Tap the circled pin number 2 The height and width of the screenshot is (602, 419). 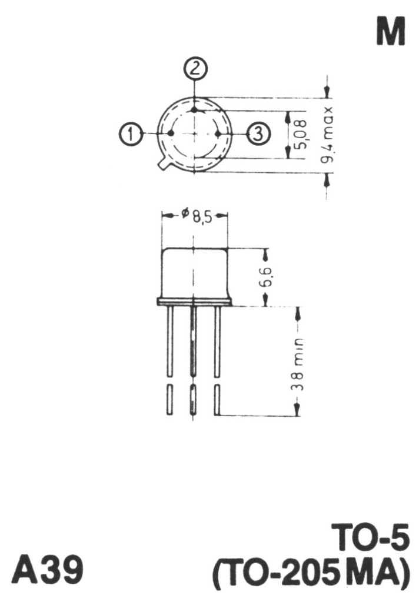coord(195,69)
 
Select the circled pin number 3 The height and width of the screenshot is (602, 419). coord(258,134)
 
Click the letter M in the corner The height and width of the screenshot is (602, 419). coord(391,32)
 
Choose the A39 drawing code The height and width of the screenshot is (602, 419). coord(47,569)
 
